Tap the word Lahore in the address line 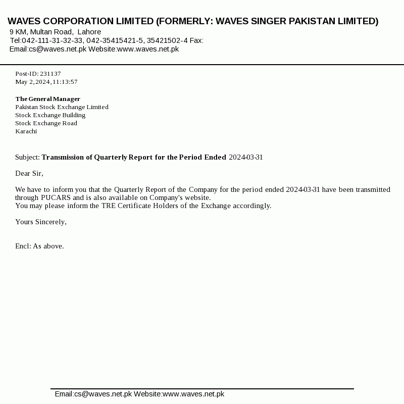pyautogui.click(x=89, y=32)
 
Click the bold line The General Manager pyautogui.click(x=47, y=99)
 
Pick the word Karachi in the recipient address pyautogui.click(x=26, y=131)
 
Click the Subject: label pyautogui.click(x=27, y=157)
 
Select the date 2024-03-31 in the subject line pyautogui.click(x=246, y=157)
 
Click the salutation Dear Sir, pyautogui.click(x=29, y=173)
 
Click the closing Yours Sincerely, pyautogui.click(x=41, y=222)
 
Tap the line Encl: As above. pyautogui.click(x=39, y=246)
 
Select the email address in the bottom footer pyautogui.click(x=93, y=394)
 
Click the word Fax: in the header pyautogui.click(x=196, y=40)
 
